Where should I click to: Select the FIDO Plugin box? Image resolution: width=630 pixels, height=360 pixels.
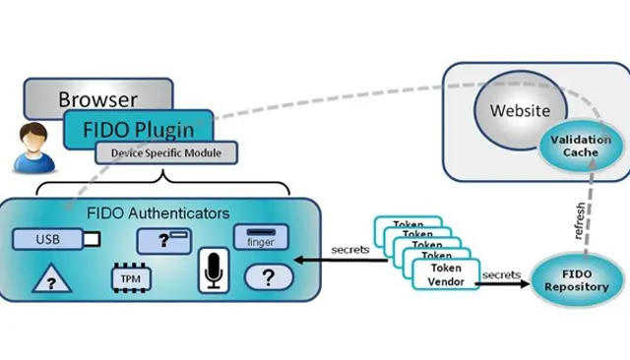tap(138, 129)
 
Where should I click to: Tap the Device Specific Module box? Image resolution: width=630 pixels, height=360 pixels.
tap(166, 152)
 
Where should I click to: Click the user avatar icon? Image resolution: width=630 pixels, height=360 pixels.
tap(33, 149)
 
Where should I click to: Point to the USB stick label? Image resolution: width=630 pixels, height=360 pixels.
tap(48, 239)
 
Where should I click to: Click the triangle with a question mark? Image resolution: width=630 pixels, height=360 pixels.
tap(52, 278)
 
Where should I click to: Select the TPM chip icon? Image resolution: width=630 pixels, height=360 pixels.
tap(131, 278)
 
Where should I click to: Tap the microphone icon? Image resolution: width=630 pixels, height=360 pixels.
tap(214, 270)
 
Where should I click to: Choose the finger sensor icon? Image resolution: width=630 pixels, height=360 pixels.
tap(261, 237)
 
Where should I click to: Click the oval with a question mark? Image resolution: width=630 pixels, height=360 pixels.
tap(269, 277)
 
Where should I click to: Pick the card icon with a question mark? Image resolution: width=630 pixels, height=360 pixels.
tap(164, 241)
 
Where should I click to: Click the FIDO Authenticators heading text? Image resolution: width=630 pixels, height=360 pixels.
tap(158, 213)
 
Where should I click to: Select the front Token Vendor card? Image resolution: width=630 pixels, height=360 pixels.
tap(446, 274)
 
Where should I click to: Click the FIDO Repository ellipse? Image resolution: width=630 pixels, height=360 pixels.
tap(577, 280)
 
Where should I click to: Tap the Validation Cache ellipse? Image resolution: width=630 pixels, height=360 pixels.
tap(581, 147)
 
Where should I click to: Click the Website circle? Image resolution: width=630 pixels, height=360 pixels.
tap(521, 110)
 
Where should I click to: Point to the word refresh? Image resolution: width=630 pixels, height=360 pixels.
tap(580, 220)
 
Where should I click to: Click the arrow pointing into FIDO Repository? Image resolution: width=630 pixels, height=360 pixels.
tap(503, 283)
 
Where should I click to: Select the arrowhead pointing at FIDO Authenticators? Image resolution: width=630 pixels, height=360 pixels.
tap(299, 260)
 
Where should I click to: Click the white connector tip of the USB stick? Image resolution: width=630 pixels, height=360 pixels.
tap(92, 240)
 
